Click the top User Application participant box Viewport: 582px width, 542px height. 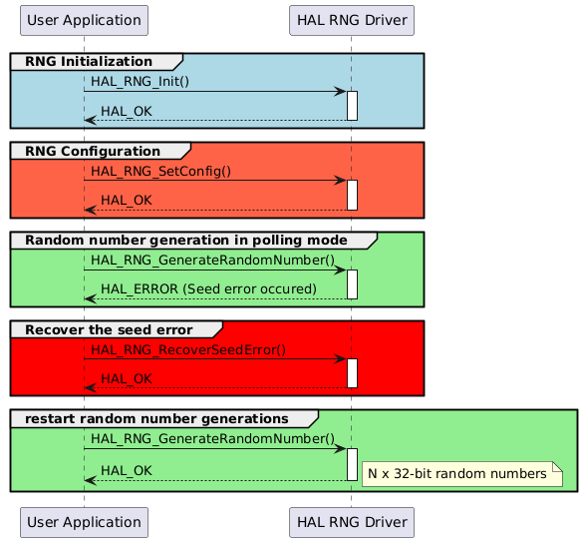coord(84,20)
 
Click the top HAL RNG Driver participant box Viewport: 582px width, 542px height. coord(351,20)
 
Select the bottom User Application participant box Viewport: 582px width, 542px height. coord(84,521)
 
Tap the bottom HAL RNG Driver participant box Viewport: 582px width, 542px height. coord(351,521)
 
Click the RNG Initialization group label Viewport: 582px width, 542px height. coord(89,62)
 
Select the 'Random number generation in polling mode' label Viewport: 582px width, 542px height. coord(185,241)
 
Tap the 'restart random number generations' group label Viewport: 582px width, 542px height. coord(156,417)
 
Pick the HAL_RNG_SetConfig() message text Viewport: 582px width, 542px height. coord(160,170)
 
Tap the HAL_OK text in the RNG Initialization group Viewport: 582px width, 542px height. coord(127,110)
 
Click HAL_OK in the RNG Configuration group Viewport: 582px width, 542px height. coord(127,200)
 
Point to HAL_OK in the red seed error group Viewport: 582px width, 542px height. coord(127,378)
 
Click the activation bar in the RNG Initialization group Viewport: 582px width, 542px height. coord(352,106)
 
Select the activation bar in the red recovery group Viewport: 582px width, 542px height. coord(352,373)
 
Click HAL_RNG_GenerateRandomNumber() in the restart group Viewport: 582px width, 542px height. coord(212,437)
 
